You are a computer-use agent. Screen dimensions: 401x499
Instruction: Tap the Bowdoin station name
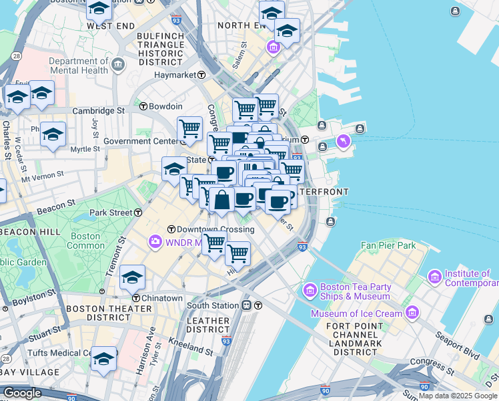tap(165, 106)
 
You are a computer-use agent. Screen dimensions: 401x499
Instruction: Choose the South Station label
tap(213, 305)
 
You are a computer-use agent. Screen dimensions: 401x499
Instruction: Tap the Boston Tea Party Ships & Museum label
tap(354, 291)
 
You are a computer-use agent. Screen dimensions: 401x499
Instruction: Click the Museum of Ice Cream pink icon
tap(412, 313)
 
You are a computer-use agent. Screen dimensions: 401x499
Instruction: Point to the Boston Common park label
tap(85, 241)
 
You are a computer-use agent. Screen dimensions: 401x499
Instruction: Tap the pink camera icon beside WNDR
tap(155, 241)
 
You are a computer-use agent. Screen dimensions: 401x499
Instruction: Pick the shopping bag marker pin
tap(221, 200)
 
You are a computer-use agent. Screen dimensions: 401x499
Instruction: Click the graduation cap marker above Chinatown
tap(133, 277)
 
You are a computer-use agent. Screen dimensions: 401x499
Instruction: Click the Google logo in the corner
tap(22, 393)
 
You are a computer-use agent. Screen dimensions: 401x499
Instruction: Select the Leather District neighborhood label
tap(208, 325)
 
